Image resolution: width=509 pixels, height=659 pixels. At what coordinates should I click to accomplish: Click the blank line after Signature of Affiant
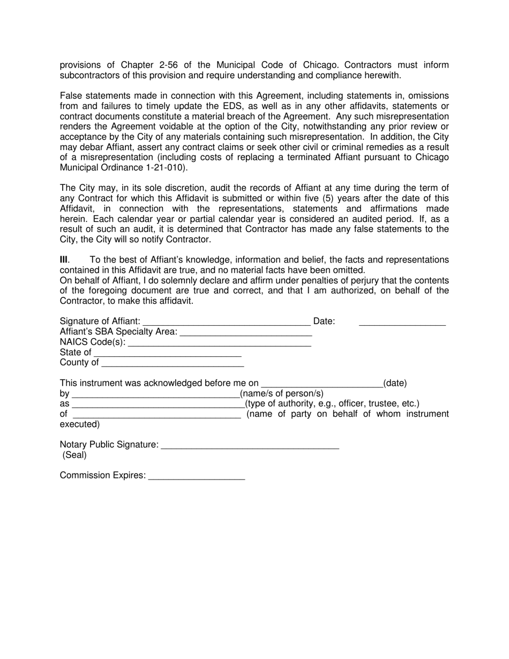tap(227, 322)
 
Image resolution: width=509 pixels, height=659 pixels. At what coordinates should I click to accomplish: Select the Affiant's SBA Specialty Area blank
tap(246, 332)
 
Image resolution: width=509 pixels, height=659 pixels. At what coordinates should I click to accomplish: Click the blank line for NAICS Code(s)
tap(220, 342)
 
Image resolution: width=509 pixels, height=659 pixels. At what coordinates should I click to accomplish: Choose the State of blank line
tap(167, 353)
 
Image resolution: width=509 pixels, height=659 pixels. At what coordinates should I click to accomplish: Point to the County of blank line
tap(172, 363)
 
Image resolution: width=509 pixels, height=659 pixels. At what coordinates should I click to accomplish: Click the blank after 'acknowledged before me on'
tap(321, 384)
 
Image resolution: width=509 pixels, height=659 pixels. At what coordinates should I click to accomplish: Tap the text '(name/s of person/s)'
tap(282, 394)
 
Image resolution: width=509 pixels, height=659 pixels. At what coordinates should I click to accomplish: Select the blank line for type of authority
tap(158, 404)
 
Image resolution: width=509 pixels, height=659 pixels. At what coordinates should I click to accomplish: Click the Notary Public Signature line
tap(250, 445)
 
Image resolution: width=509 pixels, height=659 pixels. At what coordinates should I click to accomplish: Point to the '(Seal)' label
tap(74, 455)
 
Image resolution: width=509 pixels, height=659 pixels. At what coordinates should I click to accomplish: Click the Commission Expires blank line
tap(196, 476)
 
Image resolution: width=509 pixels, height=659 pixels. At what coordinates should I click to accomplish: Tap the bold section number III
tap(64, 260)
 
